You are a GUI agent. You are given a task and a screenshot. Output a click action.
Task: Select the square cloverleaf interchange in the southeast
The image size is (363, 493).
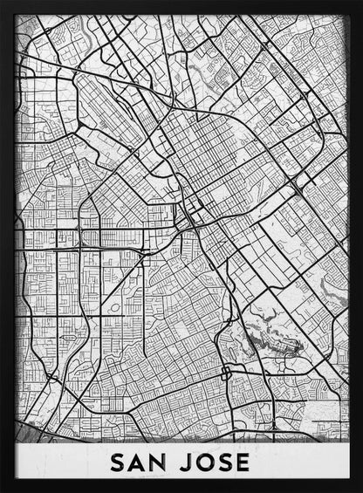coord(225,373)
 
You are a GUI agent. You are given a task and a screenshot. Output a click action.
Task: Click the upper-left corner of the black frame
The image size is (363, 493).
coord(3,3)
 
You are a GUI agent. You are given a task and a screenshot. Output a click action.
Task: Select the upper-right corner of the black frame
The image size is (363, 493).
coord(359,3)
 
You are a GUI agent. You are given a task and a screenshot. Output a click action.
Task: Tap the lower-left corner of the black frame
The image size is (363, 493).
coord(3,489)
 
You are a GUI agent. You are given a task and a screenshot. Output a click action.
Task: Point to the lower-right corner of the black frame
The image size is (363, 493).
coord(359,489)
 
